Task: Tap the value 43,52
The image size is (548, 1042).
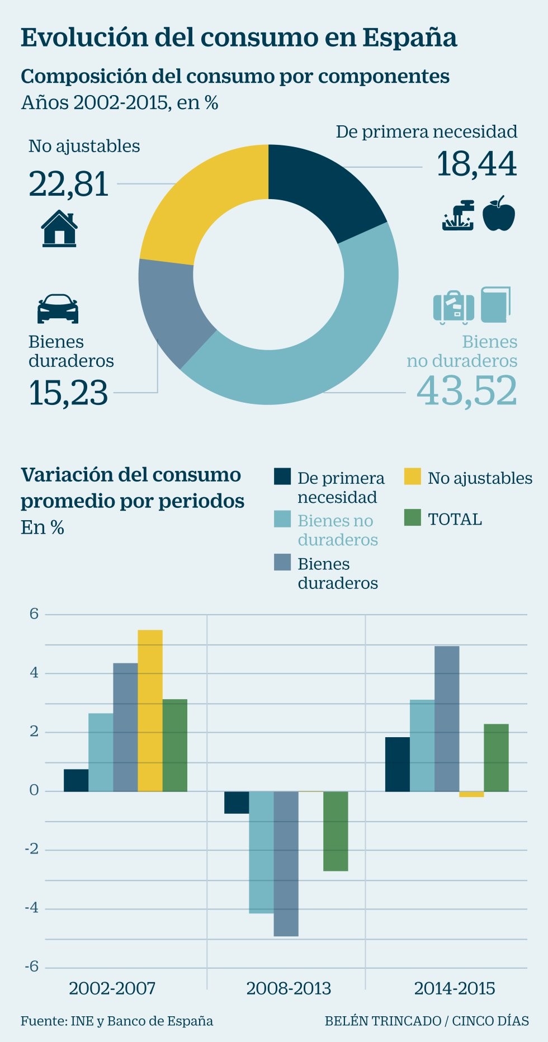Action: [466, 390]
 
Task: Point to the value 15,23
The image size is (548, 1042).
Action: [68, 393]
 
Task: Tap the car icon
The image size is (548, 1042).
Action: [58, 308]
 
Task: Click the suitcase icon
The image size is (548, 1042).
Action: [453, 307]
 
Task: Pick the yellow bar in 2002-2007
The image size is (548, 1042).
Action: [150, 710]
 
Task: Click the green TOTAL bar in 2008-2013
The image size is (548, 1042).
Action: [336, 831]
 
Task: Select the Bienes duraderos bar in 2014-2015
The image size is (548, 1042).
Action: [447, 719]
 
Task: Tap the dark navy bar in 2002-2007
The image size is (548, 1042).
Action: [76, 780]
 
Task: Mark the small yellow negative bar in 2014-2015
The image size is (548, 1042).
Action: [471, 794]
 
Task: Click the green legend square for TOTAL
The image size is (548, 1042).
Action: [412, 517]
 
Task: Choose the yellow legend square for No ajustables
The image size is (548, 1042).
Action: [412, 477]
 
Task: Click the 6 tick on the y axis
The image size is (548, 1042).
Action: [34, 614]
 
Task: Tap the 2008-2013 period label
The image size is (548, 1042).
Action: [289, 988]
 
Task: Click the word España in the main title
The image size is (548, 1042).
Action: [409, 38]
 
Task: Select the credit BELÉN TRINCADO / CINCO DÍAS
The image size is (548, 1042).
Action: [427, 1021]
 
